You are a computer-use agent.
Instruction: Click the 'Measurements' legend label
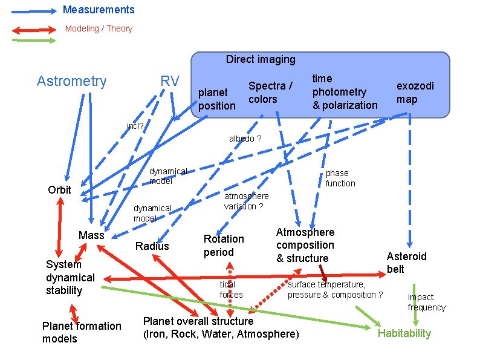tap(99, 10)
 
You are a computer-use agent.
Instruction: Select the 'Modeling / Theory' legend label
tap(99, 28)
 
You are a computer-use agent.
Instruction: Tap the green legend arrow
tap(34, 41)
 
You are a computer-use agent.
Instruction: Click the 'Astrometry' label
tap(71, 81)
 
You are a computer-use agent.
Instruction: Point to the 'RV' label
tap(170, 81)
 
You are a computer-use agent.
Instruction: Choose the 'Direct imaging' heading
tap(261, 59)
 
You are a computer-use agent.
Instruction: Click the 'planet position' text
tap(216, 99)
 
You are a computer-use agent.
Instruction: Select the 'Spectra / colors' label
tap(270, 93)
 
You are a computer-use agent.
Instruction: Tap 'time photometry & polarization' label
tap(344, 92)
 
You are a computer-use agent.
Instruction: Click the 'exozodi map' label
tap(415, 93)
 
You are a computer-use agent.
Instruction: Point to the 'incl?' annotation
tap(135, 126)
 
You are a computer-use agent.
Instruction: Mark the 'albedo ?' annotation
tap(245, 139)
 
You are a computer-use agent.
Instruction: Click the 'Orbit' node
tap(59, 189)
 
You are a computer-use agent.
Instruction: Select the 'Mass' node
tap(91, 235)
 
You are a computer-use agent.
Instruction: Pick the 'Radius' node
tap(152, 246)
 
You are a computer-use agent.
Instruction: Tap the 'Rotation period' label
tap(224, 245)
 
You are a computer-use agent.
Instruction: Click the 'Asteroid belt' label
tap(406, 263)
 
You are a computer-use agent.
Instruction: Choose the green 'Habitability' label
tap(404, 333)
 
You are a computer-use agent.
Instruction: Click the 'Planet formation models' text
tap(82, 332)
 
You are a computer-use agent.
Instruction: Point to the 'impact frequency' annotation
tap(426, 302)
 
